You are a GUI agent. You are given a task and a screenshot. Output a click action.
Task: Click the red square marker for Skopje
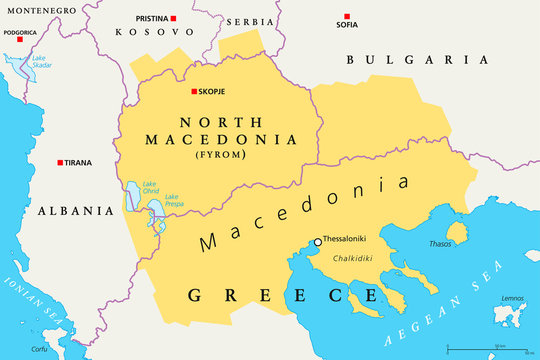(x=195, y=93)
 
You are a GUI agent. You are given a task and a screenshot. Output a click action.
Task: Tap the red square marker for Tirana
(x=60, y=162)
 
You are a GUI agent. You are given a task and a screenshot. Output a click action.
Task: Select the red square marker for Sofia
(x=346, y=17)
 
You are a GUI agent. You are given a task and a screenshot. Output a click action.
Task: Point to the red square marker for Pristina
(x=173, y=20)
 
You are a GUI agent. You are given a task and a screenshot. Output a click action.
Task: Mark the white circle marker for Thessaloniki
(x=318, y=241)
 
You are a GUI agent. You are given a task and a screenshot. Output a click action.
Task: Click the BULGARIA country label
(x=417, y=60)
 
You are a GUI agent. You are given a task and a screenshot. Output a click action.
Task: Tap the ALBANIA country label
(x=76, y=211)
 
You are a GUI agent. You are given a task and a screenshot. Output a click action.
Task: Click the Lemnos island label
(x=511, y=298)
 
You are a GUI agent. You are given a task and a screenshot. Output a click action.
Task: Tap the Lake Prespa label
(x=174, y=200)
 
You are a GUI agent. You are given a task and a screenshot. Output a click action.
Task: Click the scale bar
(x=487, y=348)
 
